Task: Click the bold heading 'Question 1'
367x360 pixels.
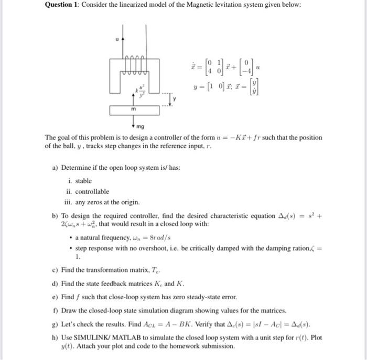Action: pos(64,5)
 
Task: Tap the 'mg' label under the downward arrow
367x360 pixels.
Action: pos(141,127)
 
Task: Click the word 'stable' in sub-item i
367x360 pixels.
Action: pos(83,181)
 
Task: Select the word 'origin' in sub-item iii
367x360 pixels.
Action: pos(129,202)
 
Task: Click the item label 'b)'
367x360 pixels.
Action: pos(55,216)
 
